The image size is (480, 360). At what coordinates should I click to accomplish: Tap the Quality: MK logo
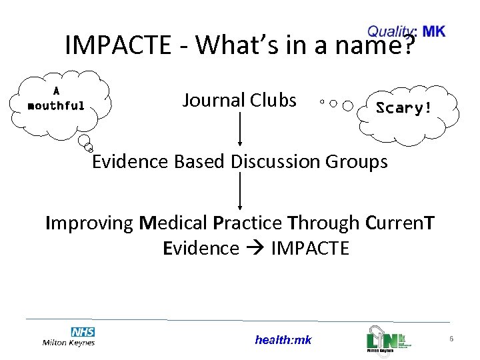(406, 31)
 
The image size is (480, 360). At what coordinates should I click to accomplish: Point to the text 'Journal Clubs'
(239, 100)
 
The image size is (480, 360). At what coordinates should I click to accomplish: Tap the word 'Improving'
(89, 223)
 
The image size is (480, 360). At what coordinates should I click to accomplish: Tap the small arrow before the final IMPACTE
(256, 249)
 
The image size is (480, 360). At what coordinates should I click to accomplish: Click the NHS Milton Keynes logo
(69, 336)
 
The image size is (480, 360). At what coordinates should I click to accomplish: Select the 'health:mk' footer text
(283, 340)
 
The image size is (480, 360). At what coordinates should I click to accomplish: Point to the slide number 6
(451, 339)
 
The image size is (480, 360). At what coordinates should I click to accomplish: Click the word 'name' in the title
(371, 45)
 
